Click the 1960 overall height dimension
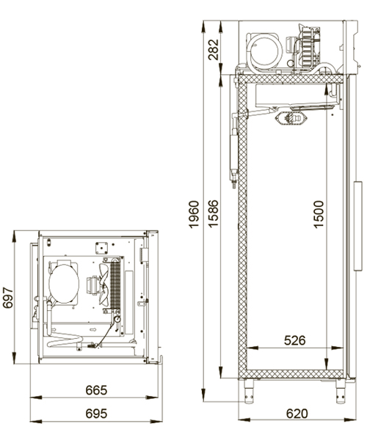click(x=194, y=214)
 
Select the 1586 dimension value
click(x=213, y=213)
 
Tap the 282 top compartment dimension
click(x=213, y=50)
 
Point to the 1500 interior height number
click(x=319, y=214)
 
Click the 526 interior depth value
click(x=294, y=341)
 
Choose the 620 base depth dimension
click(x=297, y=414)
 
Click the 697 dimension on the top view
click(x=8, y=298)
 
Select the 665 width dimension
click(x=96, y=390)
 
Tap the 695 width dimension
click(x=96, y=414)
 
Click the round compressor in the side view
click(x=265, y=51)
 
